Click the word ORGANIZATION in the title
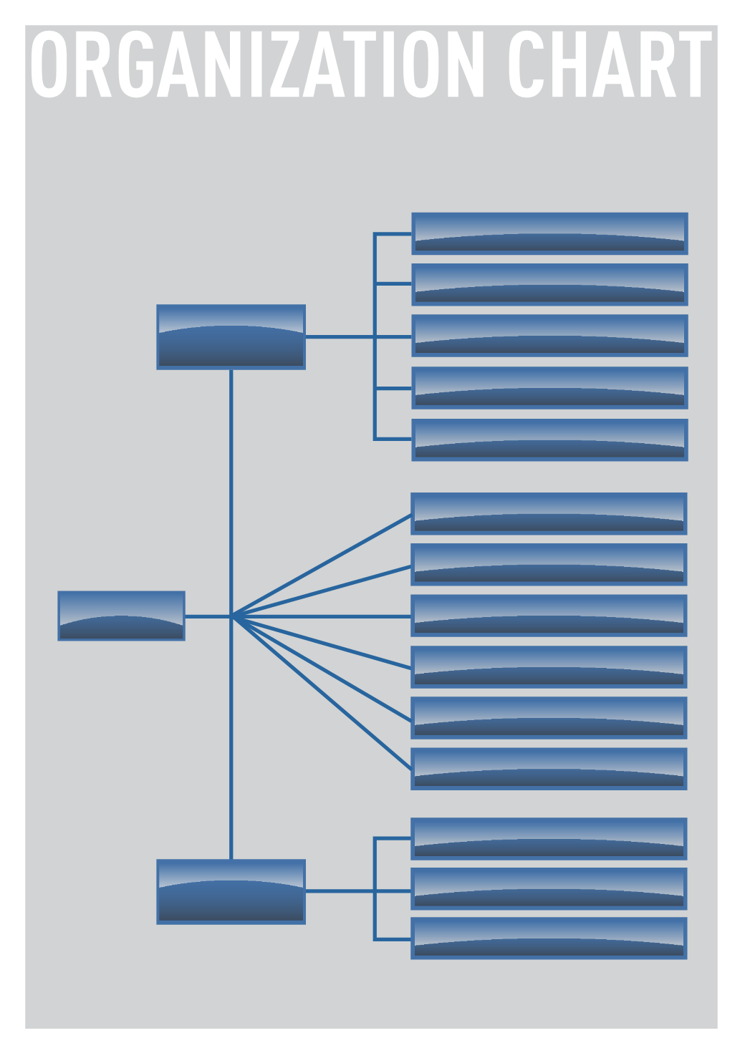point(257,64)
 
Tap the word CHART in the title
point(610,64)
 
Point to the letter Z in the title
point(286,64)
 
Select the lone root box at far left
point(121,616)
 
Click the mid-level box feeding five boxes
point(231,337)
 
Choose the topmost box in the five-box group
point(550,233)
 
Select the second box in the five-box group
point(550,284)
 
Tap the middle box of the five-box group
point(550,336)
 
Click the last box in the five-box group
point(550,440)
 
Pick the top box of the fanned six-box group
point(549,514)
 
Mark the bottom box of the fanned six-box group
point(549,769)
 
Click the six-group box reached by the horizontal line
point(549,616)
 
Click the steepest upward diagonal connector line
point(322,565)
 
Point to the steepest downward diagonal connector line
point(322,693)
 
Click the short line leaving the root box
point(208,616)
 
